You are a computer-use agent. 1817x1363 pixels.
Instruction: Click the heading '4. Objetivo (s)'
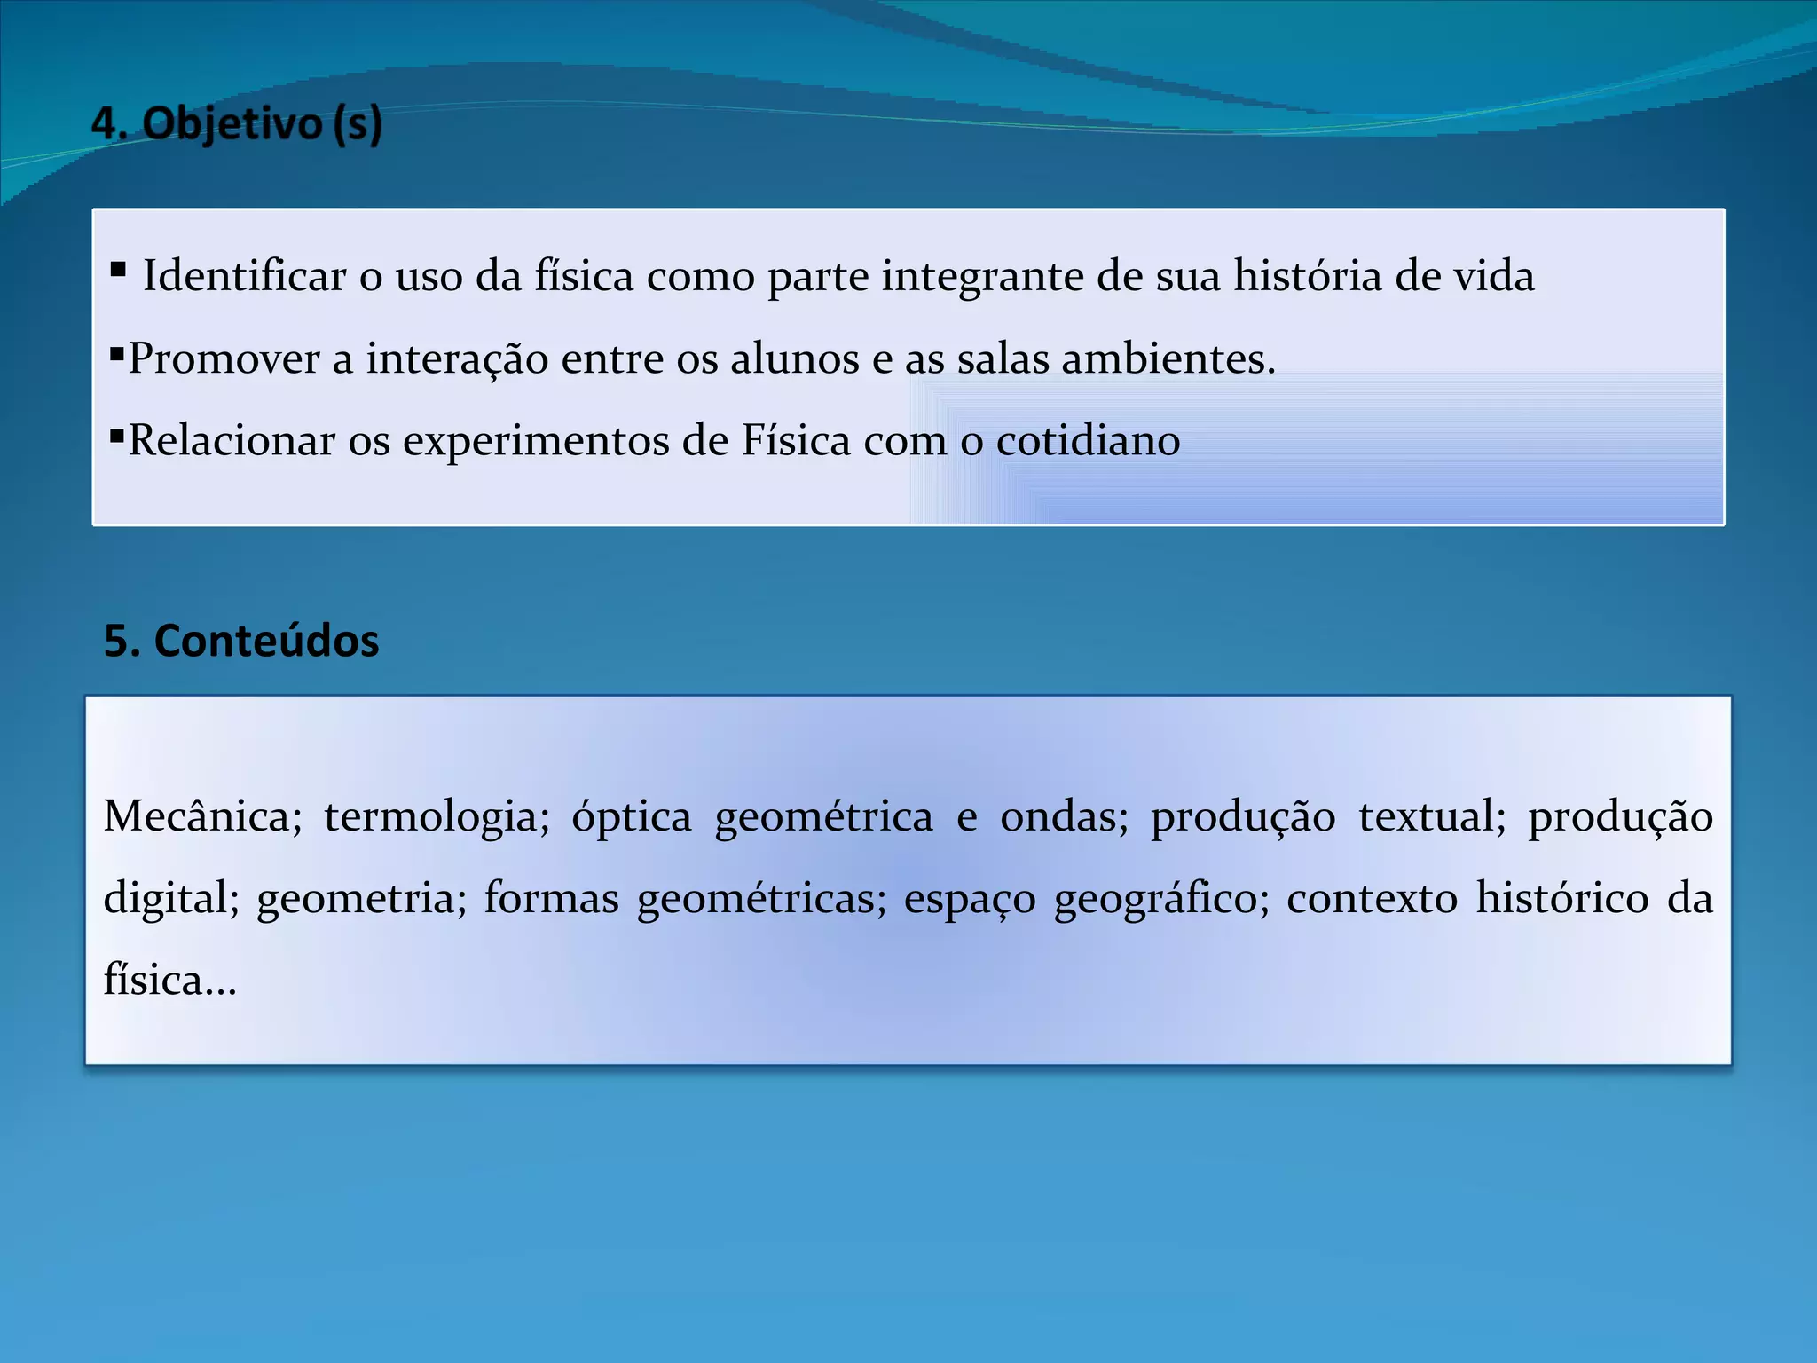(x=237, y=123)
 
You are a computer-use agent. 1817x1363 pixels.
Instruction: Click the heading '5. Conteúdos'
(x=241, y=641)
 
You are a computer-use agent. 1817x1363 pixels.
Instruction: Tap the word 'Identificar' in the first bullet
(x=244, y=276)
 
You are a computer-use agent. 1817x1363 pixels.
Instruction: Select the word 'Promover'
(x=224, y=359)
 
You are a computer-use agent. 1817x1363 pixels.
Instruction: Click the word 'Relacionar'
(x=232, y=441)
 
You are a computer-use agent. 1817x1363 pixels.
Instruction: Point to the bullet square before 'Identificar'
(x=118, y=269)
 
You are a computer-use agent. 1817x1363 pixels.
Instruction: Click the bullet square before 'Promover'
(x=116, y=353)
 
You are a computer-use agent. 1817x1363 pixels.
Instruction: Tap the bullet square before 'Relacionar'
(x=116, y=435)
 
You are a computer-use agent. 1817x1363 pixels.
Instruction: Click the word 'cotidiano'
(x=1088, y=441)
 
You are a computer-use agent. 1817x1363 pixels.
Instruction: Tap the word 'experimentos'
(x=536, y=442)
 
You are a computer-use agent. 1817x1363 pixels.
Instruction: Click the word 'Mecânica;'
(x=203, y=816)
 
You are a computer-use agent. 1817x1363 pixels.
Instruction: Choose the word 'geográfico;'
(x=1161, y=900)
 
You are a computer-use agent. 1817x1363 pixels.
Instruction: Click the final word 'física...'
(x=170, y=981)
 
